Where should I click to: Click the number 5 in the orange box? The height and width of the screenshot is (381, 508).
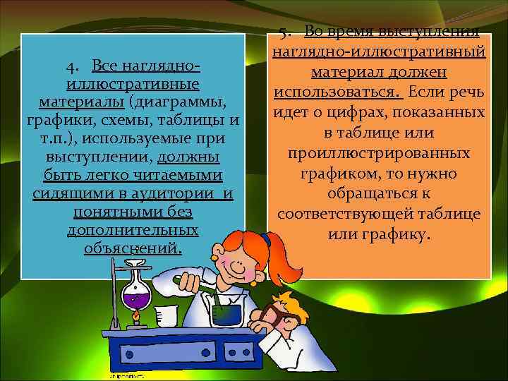point(283,32)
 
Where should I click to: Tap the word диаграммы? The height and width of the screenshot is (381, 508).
point(187,102)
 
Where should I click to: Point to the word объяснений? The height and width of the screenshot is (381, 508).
point(132,248)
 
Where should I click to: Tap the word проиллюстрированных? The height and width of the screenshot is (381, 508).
point(380,153)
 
